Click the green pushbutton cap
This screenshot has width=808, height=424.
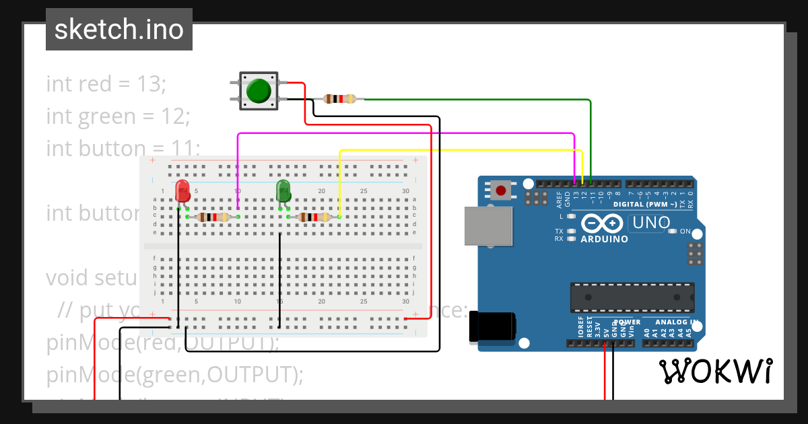(x=259, y=91)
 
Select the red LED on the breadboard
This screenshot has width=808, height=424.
(x=182, y=191)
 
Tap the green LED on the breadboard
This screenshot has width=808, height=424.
(x=283, y=190)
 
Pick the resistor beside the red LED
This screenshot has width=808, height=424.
(x=212, y=217)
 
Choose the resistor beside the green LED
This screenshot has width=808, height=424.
(x=314, y=217)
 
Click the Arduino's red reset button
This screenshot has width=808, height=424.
(x=501, y=190)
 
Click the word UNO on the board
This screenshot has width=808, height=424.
(x=650, y=222)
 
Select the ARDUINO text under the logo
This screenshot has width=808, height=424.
(x=604, y=239)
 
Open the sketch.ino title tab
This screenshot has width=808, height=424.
(x=119, y=30)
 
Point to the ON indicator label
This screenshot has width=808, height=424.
(x=685, y=232)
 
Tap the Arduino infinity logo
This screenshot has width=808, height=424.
(x=603, y=223)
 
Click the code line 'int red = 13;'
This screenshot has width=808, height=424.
(x=106, y=84)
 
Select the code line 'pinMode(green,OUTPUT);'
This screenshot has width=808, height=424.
(x=175, y=374)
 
